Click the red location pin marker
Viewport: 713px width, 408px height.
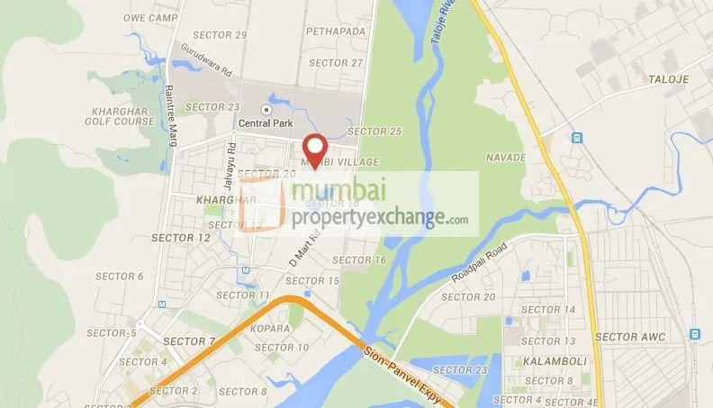pos(313,149)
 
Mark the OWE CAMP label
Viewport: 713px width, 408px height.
pos(148,17)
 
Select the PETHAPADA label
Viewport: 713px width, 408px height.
pos(336,31)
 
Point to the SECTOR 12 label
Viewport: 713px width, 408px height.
pos(180,238)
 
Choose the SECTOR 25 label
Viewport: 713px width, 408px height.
pos(375,131)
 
